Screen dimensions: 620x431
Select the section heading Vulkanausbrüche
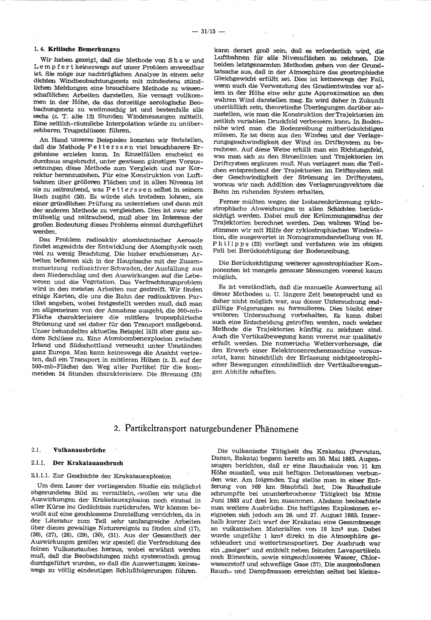click(x=79, y=450)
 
